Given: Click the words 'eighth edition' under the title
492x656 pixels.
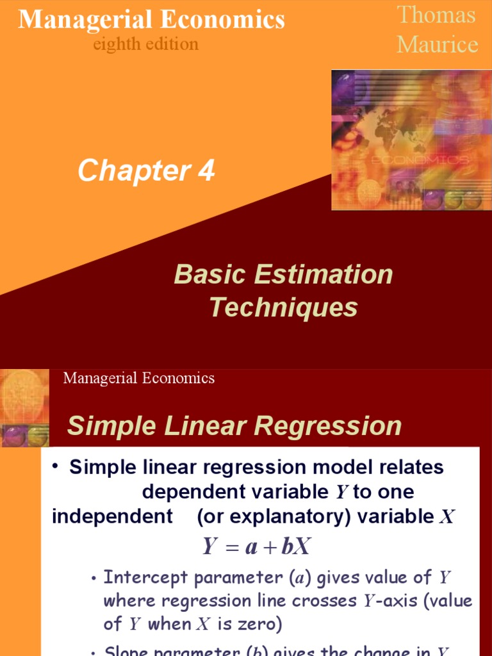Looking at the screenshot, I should [x=145, y=44].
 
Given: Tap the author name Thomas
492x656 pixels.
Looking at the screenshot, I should [x=436, y=15].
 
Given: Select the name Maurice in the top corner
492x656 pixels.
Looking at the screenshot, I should [x=437, y=44].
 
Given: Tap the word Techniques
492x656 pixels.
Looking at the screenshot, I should [x=283, y=307].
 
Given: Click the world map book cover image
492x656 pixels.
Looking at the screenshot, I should [x=411, y=140].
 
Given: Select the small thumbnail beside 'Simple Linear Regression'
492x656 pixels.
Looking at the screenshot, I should [x=25, y=408].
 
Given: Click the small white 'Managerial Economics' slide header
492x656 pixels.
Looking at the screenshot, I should [x=139, y=378].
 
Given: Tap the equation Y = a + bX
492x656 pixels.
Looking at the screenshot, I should [x=257, y=546].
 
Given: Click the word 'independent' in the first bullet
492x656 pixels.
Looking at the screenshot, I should [x=113, y=517].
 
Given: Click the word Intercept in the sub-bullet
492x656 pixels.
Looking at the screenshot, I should [x=146, y=578].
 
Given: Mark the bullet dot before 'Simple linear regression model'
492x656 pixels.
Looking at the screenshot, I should [x=57, y=465].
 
